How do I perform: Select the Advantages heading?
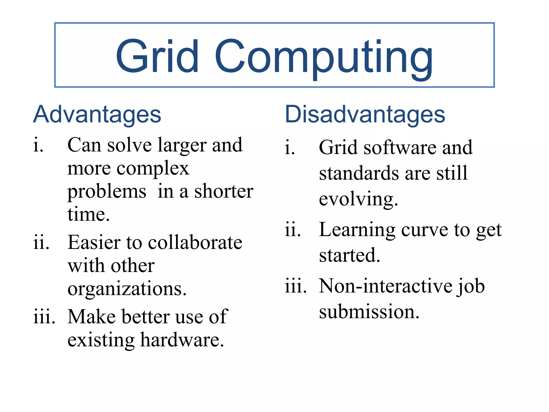[97, 115]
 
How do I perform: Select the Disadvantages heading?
[365, 115]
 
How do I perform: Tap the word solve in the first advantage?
[129, 145]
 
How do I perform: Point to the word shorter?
[224, 192]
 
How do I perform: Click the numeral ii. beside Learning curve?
[292, 230]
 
